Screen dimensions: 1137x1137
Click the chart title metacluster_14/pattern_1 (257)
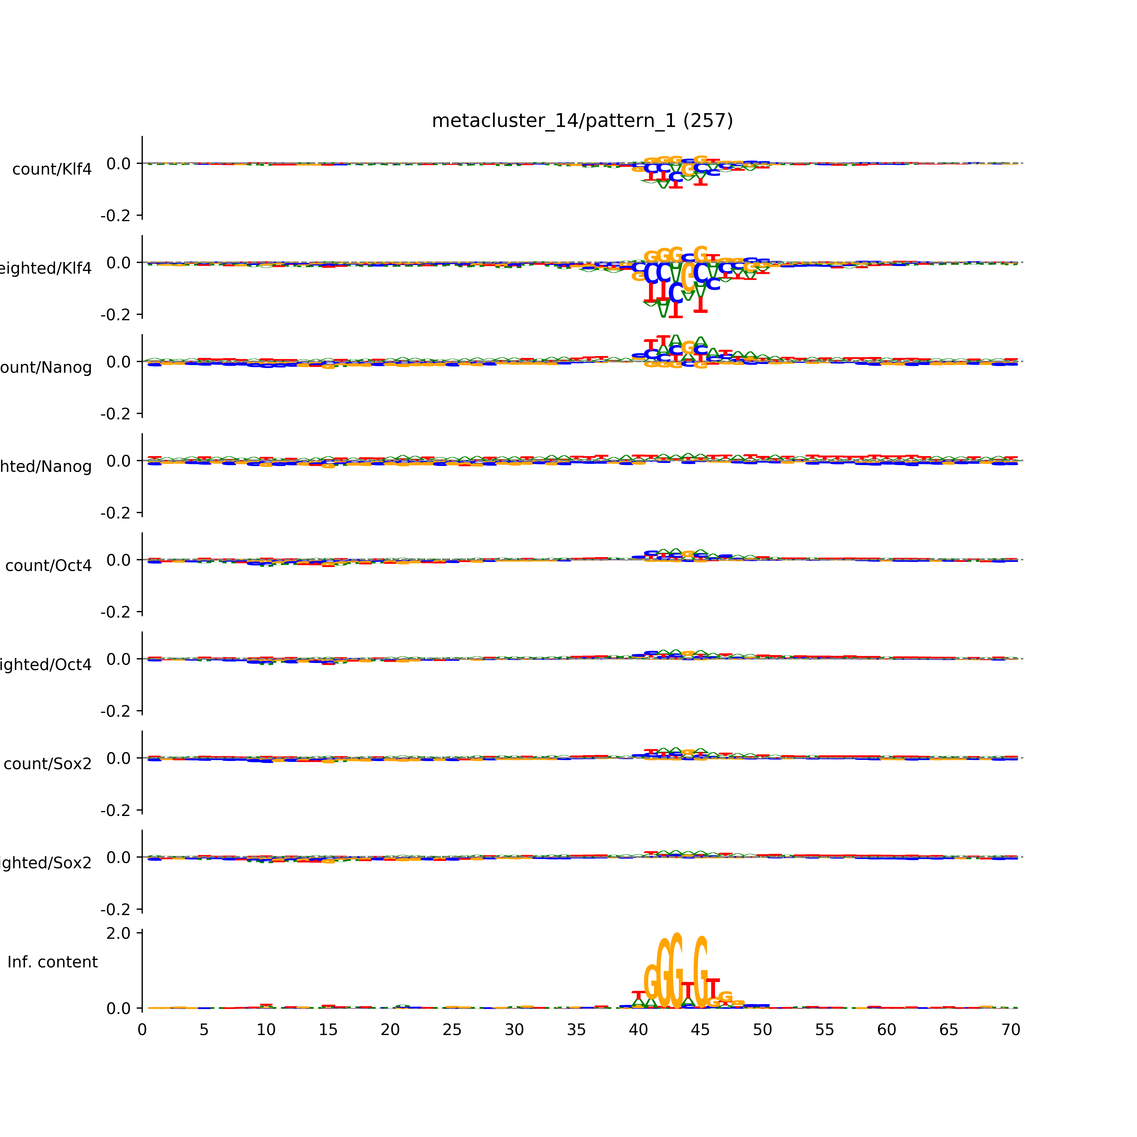tap(582, 121)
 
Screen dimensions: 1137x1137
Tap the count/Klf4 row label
tap(52, 169)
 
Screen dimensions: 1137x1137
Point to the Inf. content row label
tap(52, 962)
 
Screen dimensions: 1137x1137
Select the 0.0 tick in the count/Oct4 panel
tap(118, 560)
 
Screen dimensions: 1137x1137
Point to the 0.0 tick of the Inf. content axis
tap(118, 1009)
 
